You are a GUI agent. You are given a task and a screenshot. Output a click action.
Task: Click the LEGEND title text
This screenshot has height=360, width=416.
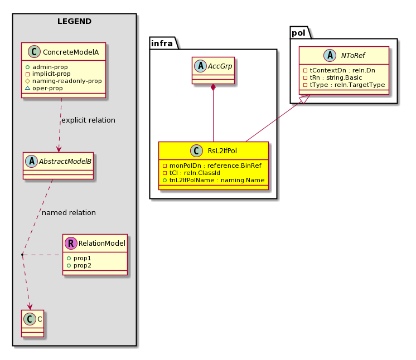(74, 21)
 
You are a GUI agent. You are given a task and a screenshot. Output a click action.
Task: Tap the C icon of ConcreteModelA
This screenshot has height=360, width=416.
(34, 52)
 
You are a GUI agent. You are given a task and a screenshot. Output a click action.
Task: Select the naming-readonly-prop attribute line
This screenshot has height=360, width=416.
(64, 81)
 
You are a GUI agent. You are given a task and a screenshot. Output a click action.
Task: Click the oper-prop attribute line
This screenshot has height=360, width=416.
(44, 88)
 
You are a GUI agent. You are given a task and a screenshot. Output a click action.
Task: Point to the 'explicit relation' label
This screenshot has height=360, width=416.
(88, 120)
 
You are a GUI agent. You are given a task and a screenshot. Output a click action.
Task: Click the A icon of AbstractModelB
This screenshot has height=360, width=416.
(32, 161)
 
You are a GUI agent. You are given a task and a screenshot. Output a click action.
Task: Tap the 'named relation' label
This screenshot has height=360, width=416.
(69, 213)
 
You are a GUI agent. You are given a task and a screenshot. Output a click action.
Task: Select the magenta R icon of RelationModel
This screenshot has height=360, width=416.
(71, 243)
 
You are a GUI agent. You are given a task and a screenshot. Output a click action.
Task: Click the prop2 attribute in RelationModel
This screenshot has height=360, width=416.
(79, 265)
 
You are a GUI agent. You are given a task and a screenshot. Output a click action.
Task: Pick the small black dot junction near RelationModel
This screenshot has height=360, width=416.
(22, 255)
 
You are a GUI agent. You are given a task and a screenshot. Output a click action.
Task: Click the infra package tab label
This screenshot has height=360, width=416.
(162, 43)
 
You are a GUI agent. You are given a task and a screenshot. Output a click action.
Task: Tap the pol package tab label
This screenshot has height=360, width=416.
(298, 33)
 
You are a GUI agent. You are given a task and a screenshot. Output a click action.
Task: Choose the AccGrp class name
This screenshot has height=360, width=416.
(220, 66)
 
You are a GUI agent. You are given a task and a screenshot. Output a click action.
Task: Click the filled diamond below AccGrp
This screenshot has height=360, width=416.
(213, 87)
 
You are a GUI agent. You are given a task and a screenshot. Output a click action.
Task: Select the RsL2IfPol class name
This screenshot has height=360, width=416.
(222, 151)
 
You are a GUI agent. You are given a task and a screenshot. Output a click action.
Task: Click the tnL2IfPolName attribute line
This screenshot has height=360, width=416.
(214, 180)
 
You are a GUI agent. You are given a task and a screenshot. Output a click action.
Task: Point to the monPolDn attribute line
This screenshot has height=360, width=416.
(212, 166)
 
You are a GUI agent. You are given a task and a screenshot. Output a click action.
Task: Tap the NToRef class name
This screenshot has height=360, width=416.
(353, 55)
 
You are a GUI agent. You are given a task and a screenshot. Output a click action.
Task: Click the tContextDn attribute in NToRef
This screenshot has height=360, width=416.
(339, 70)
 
